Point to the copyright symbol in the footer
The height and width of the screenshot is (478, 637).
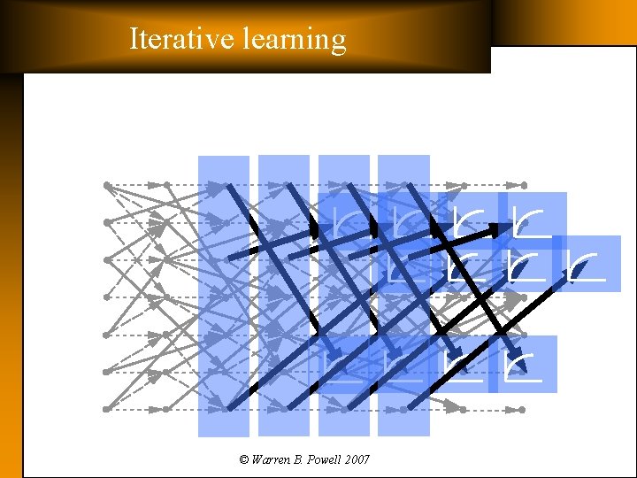pyautogui.click(x=244, y=459)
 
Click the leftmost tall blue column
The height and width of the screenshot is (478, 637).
pyautogui.click(x=224, y=296)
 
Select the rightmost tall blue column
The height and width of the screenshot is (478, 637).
pyautogui.click(x=403, y=296)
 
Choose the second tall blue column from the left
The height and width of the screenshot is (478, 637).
pyautogui.click(x=284, y=296)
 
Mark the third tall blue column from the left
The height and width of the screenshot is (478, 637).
pyautogui.click(x=343, y=296)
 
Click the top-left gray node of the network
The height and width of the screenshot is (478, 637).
pyautogui.click(x=106, y=185)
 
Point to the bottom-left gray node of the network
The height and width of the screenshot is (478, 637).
pyautogui.click(x=106, y=409)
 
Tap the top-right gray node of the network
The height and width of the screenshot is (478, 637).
pyautogui.click(x=523, y=185)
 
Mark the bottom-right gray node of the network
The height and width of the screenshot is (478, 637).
pyautogui.click(x=522, y=409)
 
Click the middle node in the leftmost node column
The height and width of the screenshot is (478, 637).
pyautogui.click(x=106, y=297)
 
